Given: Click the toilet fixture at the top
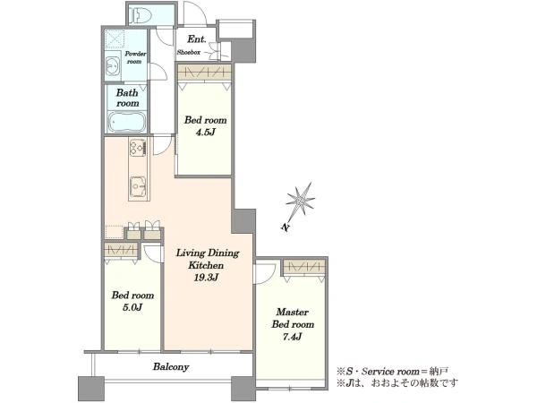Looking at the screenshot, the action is [141, 14].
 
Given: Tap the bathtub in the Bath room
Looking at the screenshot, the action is [127, 123].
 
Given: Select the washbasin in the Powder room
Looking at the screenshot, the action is [112, 65].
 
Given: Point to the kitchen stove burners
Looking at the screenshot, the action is [138, 148].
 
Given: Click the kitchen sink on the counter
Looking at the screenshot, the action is [139, 187].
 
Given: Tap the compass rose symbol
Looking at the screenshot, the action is [301, 201].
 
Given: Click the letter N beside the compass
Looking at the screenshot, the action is [285, 227].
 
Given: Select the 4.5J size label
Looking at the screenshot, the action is [205, 133].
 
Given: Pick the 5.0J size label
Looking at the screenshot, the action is [132, 307].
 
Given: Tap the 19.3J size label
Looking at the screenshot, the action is [206, 278].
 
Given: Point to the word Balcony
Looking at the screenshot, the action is [171, 367].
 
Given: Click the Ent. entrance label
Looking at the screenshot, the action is [197, 39].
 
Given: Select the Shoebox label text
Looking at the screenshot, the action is [189, 53].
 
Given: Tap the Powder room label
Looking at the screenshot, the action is [134, 57].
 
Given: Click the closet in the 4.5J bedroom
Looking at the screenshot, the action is [205, 73].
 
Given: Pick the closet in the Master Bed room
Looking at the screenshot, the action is [303, 267].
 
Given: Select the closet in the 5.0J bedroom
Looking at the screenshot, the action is [121, 250].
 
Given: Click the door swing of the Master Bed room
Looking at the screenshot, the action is [264, 272].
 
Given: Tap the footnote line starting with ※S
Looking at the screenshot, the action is [392, 371].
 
